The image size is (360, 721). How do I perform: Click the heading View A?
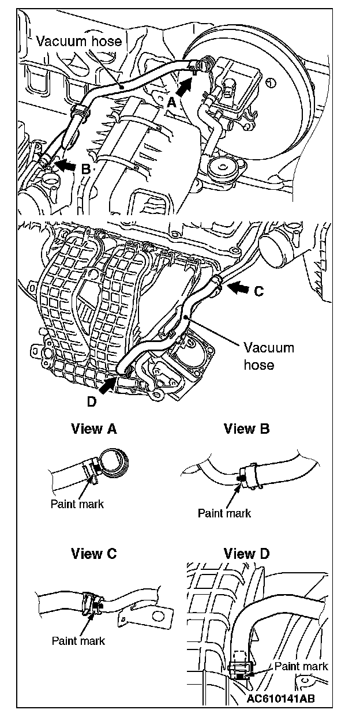coord(93,429)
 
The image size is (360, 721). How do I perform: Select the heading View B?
coord(247,429)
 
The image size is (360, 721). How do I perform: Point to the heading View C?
coord(93,554)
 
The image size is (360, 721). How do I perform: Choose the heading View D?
coord(247,554)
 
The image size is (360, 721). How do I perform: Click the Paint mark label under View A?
coord(77,504)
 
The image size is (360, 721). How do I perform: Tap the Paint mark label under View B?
coord(224,513)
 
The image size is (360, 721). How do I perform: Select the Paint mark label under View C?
coord(78,640)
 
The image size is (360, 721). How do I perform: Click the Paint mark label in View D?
coord(301,666)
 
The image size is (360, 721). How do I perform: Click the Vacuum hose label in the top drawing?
coord(78,40)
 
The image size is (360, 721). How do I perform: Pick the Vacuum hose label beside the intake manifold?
coord(268,356)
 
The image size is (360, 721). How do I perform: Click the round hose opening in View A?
coord(115,461)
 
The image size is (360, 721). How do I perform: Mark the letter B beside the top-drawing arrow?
coord(85,170)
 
